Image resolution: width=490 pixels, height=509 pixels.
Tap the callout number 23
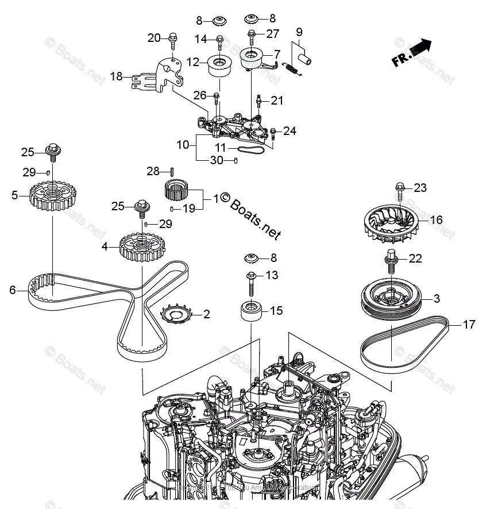click(x=420, y=187)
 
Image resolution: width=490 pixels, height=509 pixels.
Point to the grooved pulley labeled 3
click(x=391, y=299)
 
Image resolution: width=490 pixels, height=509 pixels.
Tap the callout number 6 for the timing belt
click(x=12, y=291)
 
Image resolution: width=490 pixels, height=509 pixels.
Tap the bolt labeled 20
click(x=171, y=40)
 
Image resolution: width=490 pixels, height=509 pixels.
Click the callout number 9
click(x=299, y=32)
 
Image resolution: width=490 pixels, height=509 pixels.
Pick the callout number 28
click(x=152, y=171)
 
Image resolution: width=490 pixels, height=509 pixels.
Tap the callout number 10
click(x=183, y=145)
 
